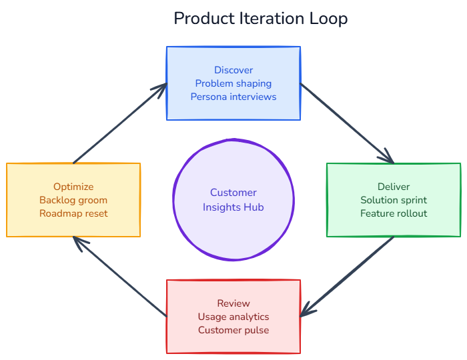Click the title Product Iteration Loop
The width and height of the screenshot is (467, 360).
[x=260, y=19]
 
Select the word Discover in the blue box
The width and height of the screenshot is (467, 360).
[x=233, y=70]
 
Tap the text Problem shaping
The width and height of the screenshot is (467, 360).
[x=233, y=83]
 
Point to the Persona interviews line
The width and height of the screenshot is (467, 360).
[x=233, y=97]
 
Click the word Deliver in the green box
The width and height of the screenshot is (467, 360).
[x=394, y=187]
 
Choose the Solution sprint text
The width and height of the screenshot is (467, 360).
[x=394, y=200]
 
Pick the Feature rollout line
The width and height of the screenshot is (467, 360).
[x=394, y=213]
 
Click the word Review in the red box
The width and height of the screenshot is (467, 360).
[x=233, y=303]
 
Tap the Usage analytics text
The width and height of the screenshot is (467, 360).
[x=233, y=317]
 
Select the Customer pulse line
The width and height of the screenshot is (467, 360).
[x=233, y=330]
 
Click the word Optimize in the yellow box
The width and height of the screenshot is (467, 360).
[x=73, y=187]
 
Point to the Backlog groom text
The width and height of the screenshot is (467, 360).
[x=73, y=200]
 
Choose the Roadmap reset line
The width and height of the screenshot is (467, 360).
[x=73, y=213]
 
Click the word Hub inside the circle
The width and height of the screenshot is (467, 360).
[x=254, y=207]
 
